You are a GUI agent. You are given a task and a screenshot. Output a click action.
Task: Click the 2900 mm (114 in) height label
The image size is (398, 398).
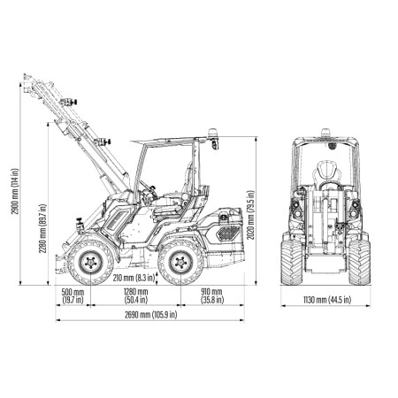point(14,191)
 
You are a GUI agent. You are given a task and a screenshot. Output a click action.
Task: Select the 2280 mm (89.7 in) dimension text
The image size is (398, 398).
point(42,228)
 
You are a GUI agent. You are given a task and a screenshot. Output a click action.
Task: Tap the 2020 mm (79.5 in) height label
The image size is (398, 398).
point(250,215)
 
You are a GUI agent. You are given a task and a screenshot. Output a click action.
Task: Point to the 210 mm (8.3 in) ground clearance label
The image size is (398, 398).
point(134,278)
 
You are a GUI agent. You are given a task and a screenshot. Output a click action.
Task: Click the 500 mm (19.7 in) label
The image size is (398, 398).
point(73,296)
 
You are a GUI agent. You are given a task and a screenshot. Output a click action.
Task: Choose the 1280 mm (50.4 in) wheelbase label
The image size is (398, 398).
point(135,296)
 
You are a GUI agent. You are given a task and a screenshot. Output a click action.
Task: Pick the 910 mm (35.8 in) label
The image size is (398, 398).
point(212,296)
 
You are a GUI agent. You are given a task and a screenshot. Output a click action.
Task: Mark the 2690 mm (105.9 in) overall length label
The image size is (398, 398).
point(150,315)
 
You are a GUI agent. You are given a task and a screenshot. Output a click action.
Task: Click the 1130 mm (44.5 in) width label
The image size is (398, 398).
point(327,300)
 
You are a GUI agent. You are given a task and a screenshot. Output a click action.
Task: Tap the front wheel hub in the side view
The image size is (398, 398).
point(91,262)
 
